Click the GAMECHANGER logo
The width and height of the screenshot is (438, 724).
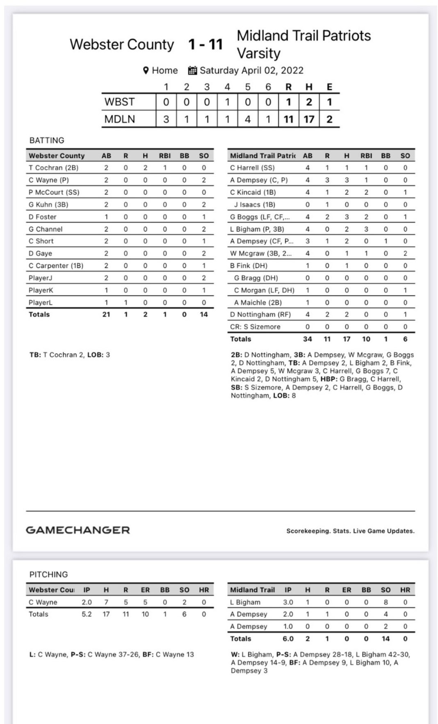pos(78,530)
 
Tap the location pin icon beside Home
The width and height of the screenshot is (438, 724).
pos(146,70)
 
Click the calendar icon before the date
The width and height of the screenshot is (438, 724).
pos(192,70)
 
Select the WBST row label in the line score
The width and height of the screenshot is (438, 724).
pos(119,102)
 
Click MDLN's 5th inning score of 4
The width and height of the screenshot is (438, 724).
pos(248,119)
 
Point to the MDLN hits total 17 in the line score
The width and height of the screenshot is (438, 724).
pos(309,119)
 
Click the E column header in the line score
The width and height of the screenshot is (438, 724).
pos(329,87)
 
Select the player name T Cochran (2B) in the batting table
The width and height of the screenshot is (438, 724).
pos(53,168)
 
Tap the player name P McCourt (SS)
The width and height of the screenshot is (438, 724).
pos(54,192)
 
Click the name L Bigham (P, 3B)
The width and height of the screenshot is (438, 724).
pos(257,229)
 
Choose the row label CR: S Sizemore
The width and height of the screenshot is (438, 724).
pos(255,327)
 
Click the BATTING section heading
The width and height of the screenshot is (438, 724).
pos(47,140)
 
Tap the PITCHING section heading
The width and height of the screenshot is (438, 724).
pos(48,574)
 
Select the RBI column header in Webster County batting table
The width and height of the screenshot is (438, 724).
pos(165,156)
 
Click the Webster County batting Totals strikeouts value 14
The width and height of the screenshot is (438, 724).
pos(203,314)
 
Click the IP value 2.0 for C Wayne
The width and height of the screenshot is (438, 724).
pos(87,602)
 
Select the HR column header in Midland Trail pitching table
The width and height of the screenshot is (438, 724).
pos(405,590)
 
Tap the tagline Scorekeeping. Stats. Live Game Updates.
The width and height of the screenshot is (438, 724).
pos(350,531)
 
